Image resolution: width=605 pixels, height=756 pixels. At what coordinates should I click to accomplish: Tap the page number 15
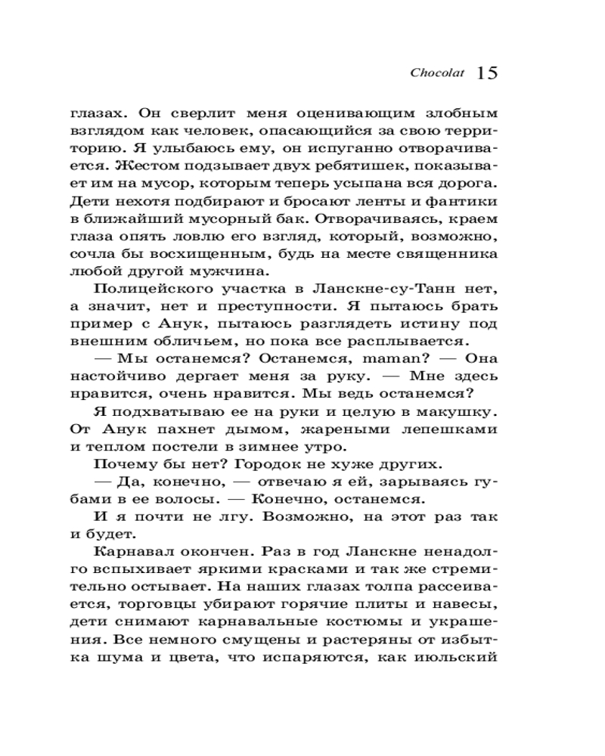pyautogui.click(x=487, y=73)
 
